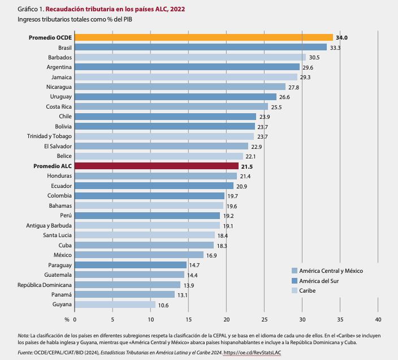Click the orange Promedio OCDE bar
204,37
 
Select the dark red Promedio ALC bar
156,166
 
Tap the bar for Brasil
201,48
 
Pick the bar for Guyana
115,305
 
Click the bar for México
139,255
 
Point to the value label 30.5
314,58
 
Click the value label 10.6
164,305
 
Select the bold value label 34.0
341,37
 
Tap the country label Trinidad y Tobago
49,136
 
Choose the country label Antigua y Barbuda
49,225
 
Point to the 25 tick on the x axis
265,319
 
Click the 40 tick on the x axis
378,319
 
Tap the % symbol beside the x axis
67,319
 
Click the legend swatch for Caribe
294,290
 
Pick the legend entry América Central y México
331,271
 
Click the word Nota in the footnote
23,335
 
